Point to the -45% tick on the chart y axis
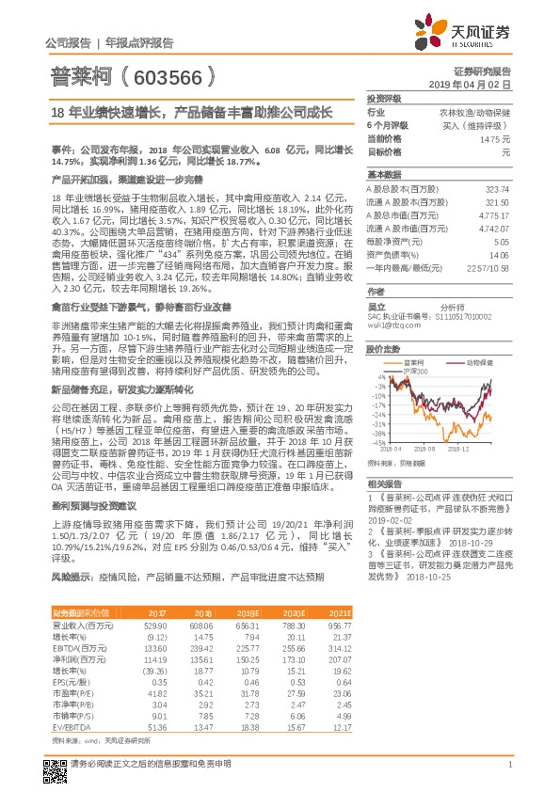coord(376,441)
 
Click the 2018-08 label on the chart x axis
coord(410,449)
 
